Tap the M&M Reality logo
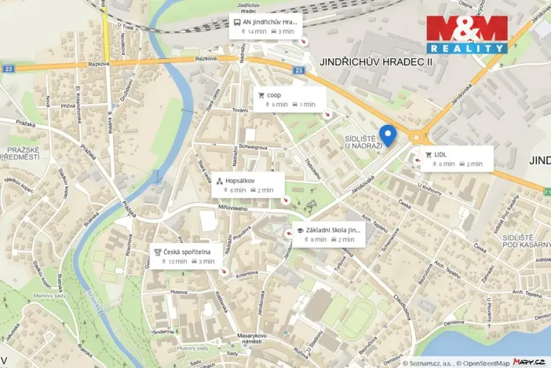coord(467,34)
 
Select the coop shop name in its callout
coord(274,94)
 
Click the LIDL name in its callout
coord(440,154)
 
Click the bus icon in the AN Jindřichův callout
coord(236,22)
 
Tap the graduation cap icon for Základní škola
coord(299,230)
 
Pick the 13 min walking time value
coord(177,262)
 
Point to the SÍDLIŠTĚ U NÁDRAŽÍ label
coord(363,142)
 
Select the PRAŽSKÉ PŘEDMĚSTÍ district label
coord(23,153)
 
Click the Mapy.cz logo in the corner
coord(530,362)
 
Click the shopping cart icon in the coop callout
coord(261,94)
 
